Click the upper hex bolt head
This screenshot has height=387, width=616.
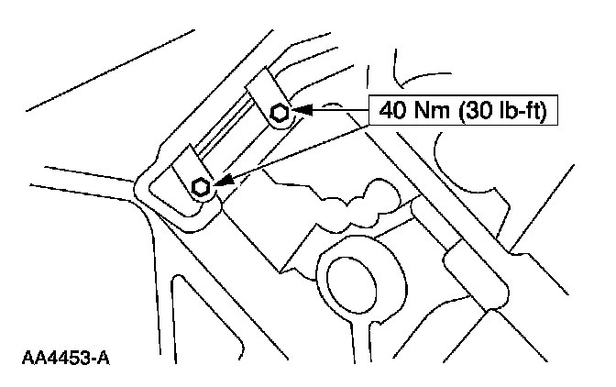point(281,113)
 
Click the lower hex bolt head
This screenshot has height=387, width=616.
point(201,188)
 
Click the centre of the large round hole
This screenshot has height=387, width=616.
point(349,275)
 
